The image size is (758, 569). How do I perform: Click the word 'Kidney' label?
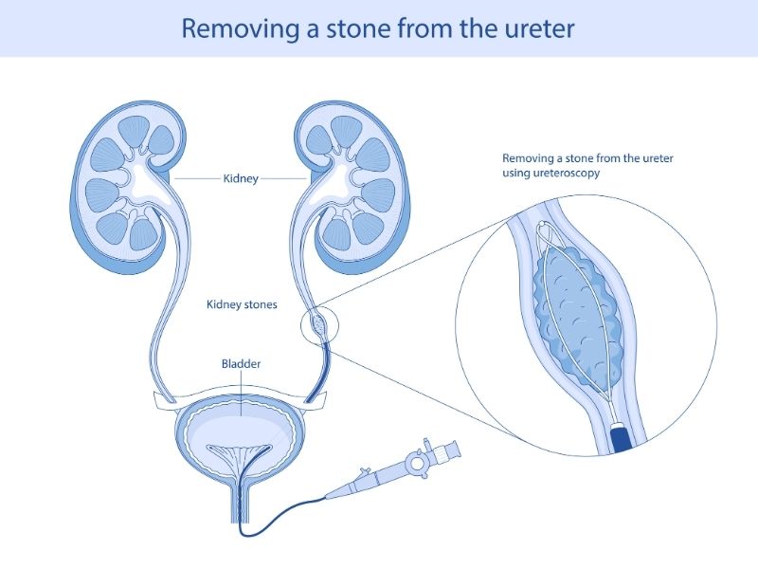[x=240, y=177]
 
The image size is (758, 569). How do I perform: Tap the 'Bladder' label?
[x=241, y=363]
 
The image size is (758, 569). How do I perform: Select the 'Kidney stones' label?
[x=242, y=305]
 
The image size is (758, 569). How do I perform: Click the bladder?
[x=242, y=431]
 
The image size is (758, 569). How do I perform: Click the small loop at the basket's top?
[x=547, y=229]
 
